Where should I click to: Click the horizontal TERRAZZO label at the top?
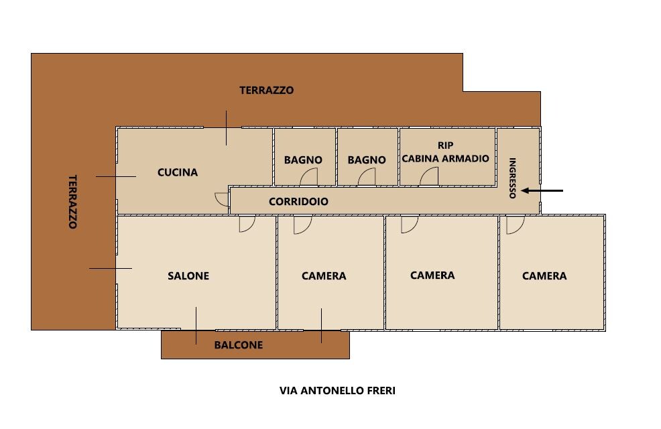point(266,90)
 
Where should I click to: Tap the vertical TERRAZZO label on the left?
point(73,202)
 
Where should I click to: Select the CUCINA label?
point(178,172)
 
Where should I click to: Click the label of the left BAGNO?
point(303,160)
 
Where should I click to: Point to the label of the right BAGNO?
point(367,160)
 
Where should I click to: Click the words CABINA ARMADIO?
point(445,158)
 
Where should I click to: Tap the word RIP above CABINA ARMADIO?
point(446,145)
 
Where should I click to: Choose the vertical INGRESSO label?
point(513,178)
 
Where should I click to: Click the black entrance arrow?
point(542,191)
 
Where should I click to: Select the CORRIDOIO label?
point(298,202)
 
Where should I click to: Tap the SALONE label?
point(188,276)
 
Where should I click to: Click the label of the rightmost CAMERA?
point(544,276)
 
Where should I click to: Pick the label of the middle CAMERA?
point(432,275)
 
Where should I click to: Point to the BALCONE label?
point(239,345)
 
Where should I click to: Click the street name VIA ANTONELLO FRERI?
point(337,391)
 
